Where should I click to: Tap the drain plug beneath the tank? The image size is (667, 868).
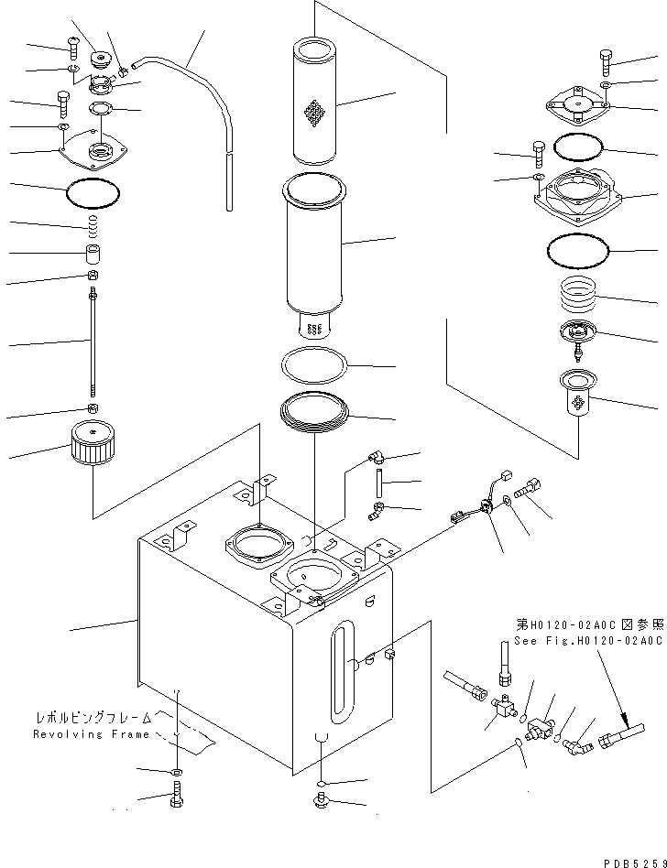point(321,803)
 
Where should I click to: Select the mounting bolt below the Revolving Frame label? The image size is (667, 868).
point(176,798)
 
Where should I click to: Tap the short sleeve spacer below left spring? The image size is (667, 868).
point(93,253)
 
